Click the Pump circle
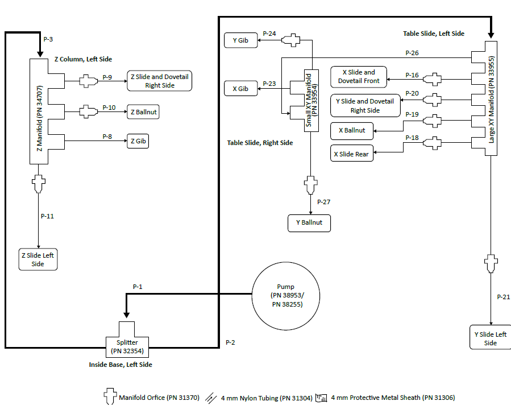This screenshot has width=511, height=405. [x=286, y=296]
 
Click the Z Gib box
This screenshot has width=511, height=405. [x=138, y=141]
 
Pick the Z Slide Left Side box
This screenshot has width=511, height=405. [x=38, y=259]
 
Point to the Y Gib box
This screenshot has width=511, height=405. [x=240, y=40]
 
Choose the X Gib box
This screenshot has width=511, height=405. [x=240, y=89]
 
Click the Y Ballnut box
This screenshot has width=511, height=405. [x=309, y=222]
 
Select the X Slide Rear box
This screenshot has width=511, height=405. [x=351, y=154]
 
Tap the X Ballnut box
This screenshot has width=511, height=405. [x=352, y=130]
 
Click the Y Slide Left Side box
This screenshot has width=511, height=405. [x=490, y=338]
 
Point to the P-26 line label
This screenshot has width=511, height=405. [x=412, y=53]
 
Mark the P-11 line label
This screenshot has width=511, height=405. [x=48, y=216]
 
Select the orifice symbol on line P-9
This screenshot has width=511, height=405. [x=88, y=81]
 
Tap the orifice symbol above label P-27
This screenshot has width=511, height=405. [x=311, y=184]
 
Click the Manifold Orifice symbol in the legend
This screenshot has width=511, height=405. [x=110, y=396]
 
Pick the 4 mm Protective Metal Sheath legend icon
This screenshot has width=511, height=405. [x=322, y=397]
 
